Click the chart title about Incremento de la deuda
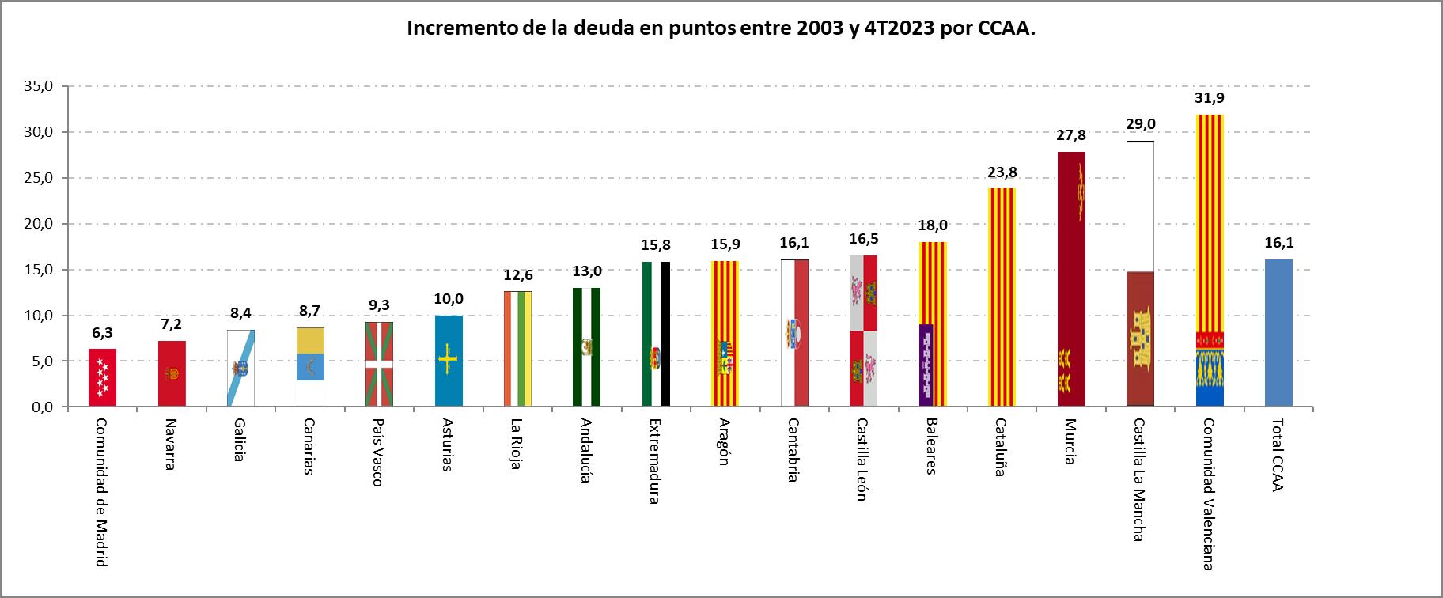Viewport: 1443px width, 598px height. (x=721, y=28)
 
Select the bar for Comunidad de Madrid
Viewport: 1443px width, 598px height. (x=103, y=377)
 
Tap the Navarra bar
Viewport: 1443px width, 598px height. (x=172, y=373)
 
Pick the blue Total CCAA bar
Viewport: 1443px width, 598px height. (x=1278, y=333)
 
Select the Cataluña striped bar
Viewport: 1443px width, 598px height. (x=1002, y=297)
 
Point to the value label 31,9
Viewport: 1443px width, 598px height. (x=1209, y=98)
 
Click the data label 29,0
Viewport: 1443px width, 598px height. (x=1140, y=124)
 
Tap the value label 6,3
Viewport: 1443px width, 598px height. (x=103, y=333)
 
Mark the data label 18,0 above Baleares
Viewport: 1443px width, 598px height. (x=933, y=225)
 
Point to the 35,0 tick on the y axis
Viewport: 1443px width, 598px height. (x=37, y=87)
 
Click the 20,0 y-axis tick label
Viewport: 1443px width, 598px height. (x=37, y=224)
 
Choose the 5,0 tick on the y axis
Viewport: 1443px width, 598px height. (x=40, y=361)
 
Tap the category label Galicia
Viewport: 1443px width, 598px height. (x=239, y=441)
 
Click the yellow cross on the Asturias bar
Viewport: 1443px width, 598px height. (x=449, y=360)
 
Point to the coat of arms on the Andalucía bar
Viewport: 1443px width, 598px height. (x=587, y=346)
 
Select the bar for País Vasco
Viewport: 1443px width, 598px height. (x=379, y=364)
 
